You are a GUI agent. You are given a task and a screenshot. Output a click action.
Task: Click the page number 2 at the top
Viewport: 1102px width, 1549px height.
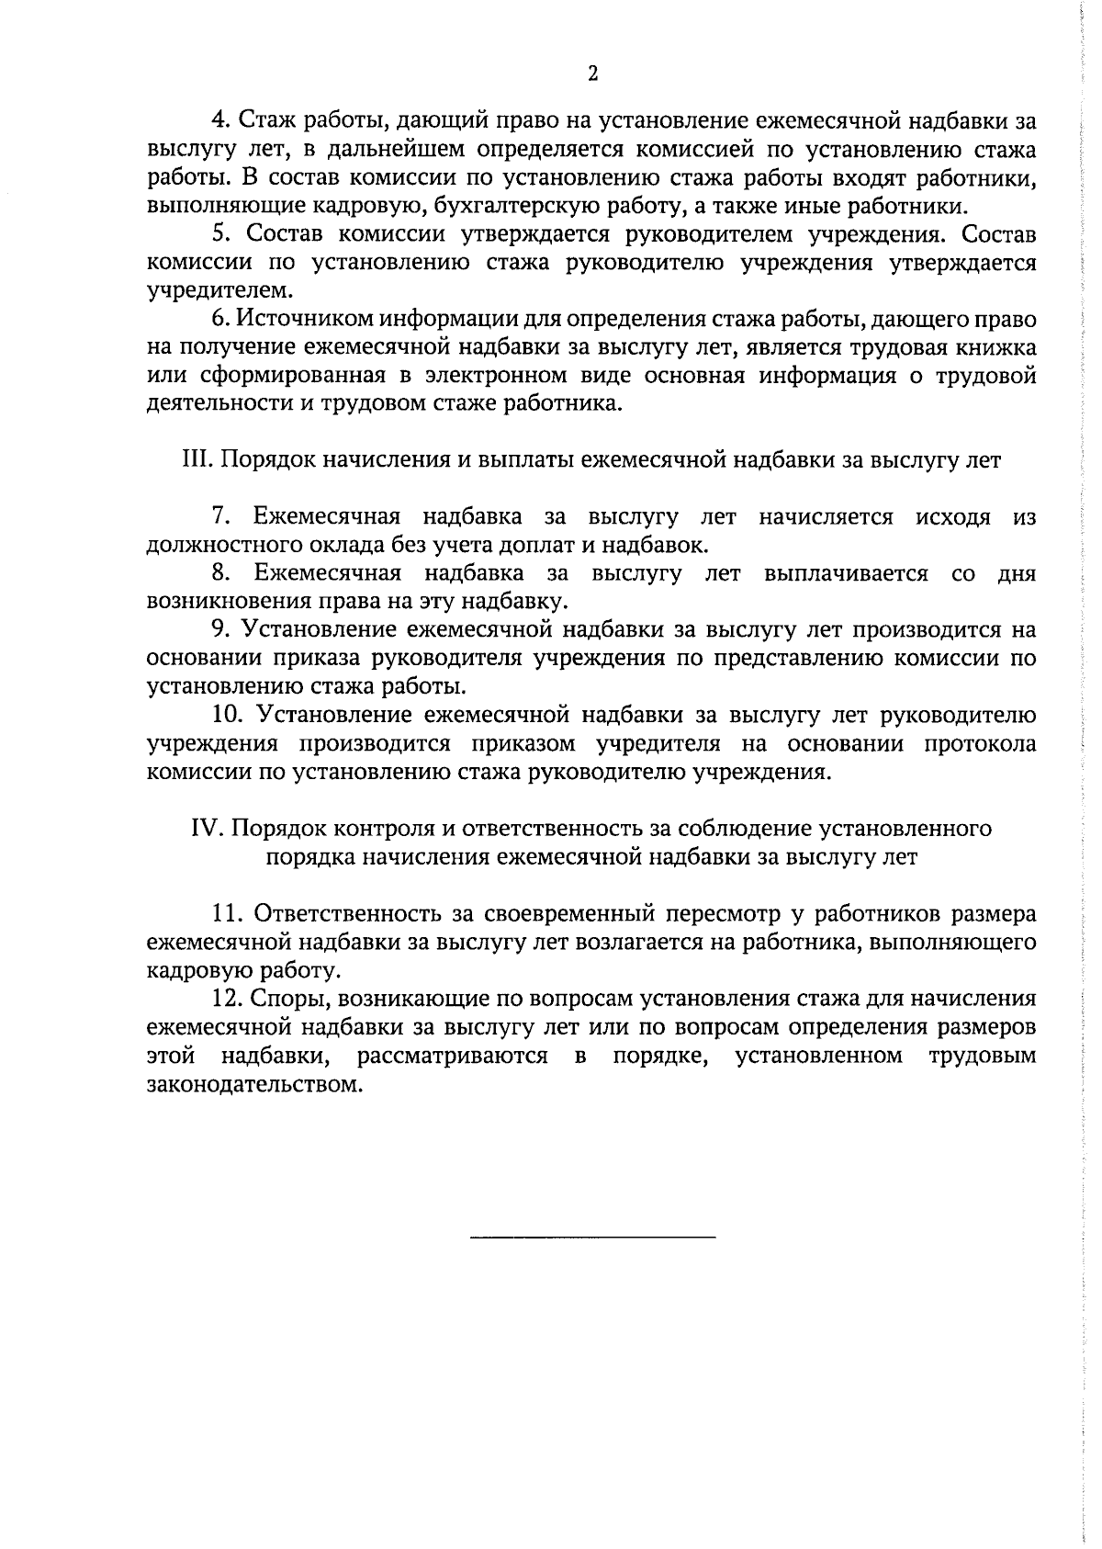coord(592,74)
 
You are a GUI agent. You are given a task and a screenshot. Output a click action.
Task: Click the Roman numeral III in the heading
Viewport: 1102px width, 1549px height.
coord(198,460)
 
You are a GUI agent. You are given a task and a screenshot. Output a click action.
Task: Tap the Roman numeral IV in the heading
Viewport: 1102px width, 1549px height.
coord(208,829)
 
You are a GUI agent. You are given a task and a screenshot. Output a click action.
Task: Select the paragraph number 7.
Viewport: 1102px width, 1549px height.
coord(220,517)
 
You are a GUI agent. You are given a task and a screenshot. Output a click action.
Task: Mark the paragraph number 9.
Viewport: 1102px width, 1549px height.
coord(220,630)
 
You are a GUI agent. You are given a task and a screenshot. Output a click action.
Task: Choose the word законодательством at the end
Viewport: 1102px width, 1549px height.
coord(249,1085)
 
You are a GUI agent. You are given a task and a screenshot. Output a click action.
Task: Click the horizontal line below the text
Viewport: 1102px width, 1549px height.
coord(592,1238)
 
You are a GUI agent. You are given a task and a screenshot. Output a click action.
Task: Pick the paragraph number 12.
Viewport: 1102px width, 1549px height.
coord(226,1000)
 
